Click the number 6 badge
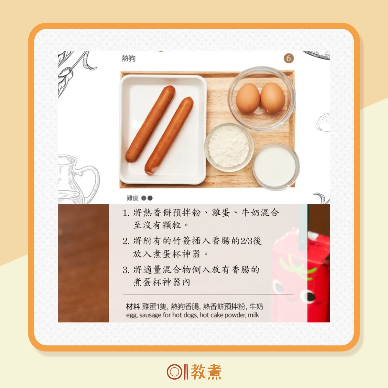(288, 59)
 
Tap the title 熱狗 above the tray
(129, 59)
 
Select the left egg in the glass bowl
(248, 99)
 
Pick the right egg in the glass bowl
(273, 98)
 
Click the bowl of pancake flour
(229, 147)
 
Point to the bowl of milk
(275, 167)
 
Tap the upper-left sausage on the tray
(150, 124)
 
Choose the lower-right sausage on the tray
(169, 136)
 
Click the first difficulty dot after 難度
(144, 198)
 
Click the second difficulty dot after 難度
(150, 198)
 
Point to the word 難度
(133, 198)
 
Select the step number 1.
(125, 213)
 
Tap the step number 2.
(126, 241)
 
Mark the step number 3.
(126, 270)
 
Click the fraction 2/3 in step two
(246, 241)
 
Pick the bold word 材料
(133, 307)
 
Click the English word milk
(253, 315)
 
